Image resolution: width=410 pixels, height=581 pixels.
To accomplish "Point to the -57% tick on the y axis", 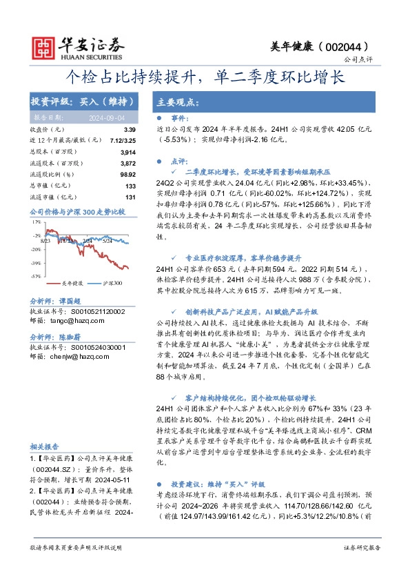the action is [35, 275].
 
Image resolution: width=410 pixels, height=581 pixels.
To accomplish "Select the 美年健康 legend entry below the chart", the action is [72, 283].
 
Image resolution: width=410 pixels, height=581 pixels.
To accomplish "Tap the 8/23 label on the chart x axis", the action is [46, 240].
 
